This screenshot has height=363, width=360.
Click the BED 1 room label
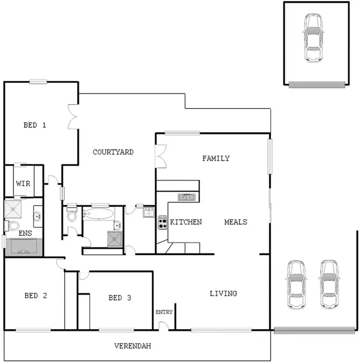[x=35, y=125]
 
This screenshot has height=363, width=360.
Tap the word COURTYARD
[x=113, y=152]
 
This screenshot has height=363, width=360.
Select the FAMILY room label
[x=216, y=158]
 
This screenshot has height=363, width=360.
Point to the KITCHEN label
[x=186, y=222]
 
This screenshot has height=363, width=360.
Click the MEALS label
[x=236, y=222]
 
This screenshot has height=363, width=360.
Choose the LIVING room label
[x=223, y=293]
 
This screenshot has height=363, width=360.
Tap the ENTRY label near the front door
[x=164, y=312]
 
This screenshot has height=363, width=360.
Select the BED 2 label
[x=36, y=296]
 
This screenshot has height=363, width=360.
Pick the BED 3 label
[x=120, y=298]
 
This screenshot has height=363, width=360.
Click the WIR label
[x=23, y=183]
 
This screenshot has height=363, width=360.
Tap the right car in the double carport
[x=329, y=284]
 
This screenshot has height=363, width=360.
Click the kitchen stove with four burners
[x=162, y=222]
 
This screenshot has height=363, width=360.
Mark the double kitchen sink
[x=187, y=196]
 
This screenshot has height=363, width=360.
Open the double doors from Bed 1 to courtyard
[x=73, y=117]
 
